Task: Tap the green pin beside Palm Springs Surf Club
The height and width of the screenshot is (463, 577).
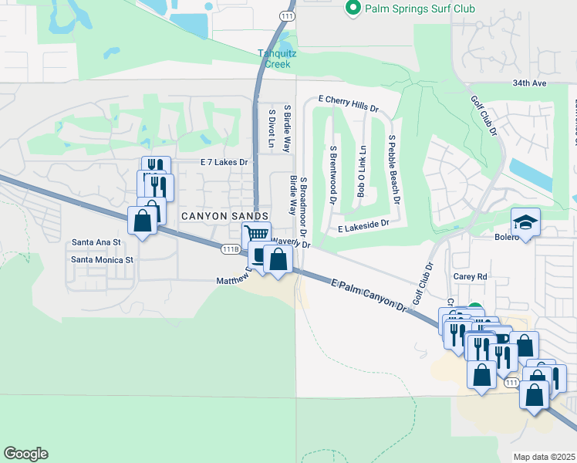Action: (353, 8)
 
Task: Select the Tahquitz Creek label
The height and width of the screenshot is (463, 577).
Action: (275, 59)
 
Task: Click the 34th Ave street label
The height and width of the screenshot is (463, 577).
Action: (528, 83)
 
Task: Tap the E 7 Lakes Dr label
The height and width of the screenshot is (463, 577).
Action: (224, 162)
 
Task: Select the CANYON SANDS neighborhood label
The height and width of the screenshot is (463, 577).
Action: (224, 216)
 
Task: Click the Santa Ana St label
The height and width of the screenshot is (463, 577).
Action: (96, 242)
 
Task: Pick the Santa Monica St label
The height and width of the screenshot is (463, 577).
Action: (103, 259)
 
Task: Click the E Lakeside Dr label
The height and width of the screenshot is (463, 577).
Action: (363, 228)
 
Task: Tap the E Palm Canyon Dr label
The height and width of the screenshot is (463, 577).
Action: (369, 295)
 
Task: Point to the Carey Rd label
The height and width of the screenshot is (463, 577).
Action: (471, 275)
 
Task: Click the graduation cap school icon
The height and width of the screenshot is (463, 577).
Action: (526, 222)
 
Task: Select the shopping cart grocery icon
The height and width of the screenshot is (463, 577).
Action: (256, 234)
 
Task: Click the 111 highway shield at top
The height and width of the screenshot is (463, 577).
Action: (287, 15)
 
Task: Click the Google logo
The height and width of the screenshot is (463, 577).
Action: (25, 454)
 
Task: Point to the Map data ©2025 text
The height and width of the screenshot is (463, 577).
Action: (544, 457)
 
